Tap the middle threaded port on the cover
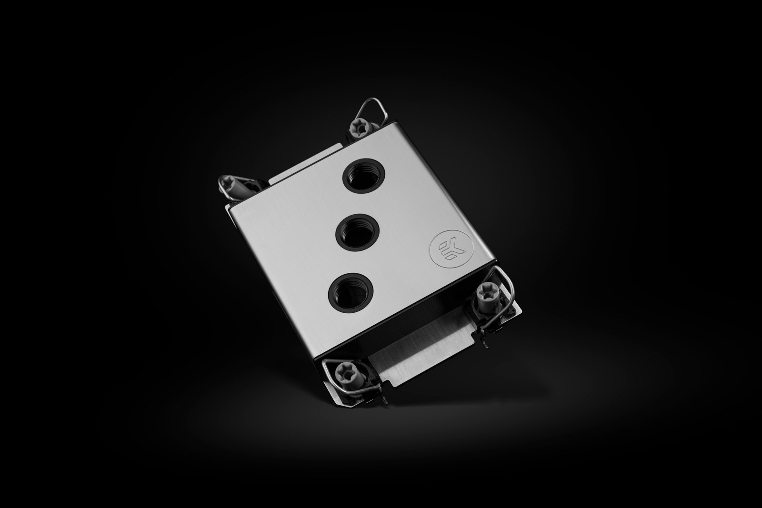(353, 232)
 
